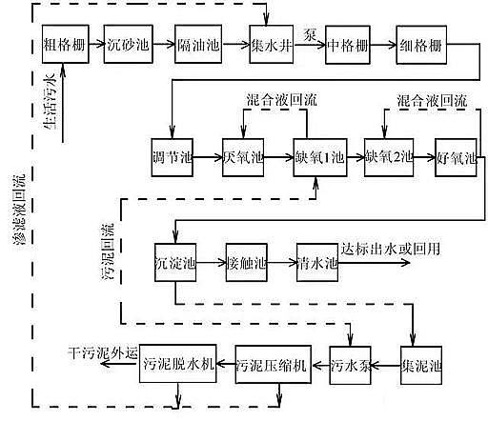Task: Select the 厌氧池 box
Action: click(244, 156)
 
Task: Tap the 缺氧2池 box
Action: click(388, 156)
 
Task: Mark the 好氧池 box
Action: click(456, 156)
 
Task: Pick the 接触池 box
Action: click(245, 261)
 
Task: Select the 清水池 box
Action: click(317, 261)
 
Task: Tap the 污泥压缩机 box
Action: click(273, 363)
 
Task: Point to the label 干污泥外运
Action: click(104, 349)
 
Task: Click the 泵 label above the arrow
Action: click(308, 34)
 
